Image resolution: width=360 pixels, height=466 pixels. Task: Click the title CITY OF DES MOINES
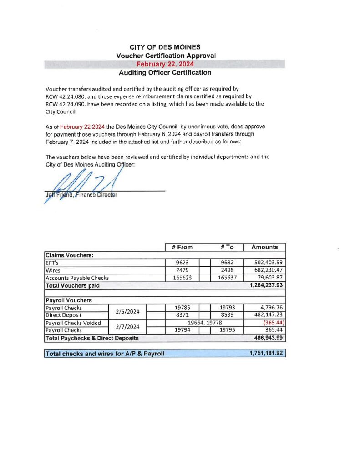coord(165,47)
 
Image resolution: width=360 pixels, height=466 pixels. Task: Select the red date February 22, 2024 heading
coord(165,64)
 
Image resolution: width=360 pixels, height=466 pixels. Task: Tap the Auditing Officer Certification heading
coord(165,72)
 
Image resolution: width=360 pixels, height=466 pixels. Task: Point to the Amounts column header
coord(264,247)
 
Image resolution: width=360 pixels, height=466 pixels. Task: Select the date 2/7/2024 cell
coord(127,326)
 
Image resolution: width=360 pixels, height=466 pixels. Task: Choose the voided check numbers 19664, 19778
coord(204,323)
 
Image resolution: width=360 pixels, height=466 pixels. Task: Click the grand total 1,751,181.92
coord(267,353)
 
